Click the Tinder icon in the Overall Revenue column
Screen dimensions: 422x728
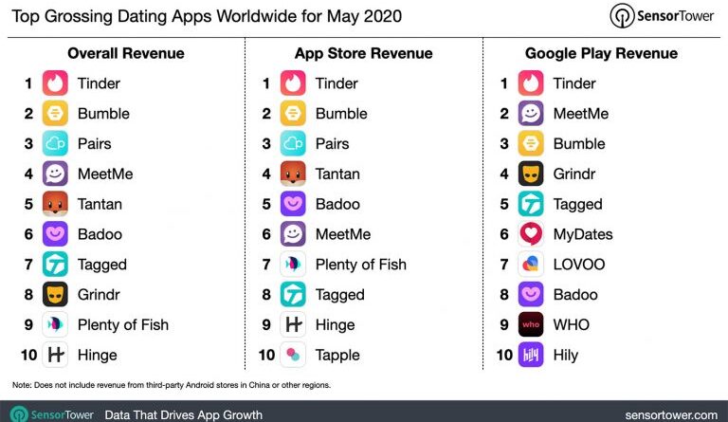pyautogui.click(x=55, y=83)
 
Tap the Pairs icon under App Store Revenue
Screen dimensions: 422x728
pyautogui.click(x=293, y=144)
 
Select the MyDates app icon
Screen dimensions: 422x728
pyautogui.click(x=531, y=234)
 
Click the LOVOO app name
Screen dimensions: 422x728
pyautogui.click(x=579, y=265)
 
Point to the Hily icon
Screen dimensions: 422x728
pyautogui.click(x=531, y=355)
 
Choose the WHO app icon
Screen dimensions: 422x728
pyautogui.click(x=531, y=324)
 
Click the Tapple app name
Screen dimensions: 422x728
pyautogui.click(x=337, y=355)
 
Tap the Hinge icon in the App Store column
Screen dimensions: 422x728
pyautogui.click(x=293, y=324)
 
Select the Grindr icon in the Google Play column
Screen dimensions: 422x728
pyautogui.click(x=531, y=174)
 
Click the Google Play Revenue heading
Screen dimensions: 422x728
pyautogui.click(x=601, y=53)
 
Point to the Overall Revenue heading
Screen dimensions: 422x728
pyautogui.click(x=126, y=53)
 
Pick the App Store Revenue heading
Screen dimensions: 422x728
pyautogui.click(x=363, y=53)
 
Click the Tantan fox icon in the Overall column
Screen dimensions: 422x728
pyautogui.click(x=55, y=204)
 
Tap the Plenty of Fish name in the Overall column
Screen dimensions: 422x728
pyautogui.click(x=123, y=324)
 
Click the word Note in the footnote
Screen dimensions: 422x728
pyautogui.click(x=21, y=385)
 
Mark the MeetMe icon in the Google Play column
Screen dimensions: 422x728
pyautogui.click(x=531, y=114)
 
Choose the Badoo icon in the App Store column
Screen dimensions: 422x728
pyautogui.click(x=293, y=204)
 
